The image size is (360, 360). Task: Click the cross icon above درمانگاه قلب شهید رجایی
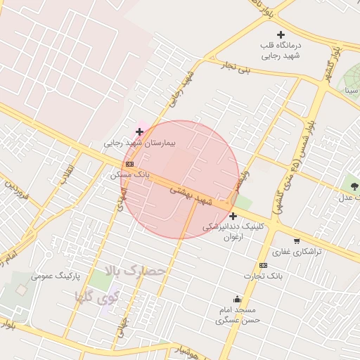pos(281,34)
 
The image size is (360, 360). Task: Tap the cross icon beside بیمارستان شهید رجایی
pos(140,131)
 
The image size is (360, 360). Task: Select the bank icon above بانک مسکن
pos(129,163)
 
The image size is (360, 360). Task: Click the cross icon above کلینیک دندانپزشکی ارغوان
pos(233,216)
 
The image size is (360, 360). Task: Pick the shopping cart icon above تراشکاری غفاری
pos(297,240)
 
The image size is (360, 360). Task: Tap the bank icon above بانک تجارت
pos(263,265)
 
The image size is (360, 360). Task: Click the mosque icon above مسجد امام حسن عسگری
pos(237,298)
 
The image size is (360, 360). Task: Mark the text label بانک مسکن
pos(130,174)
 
